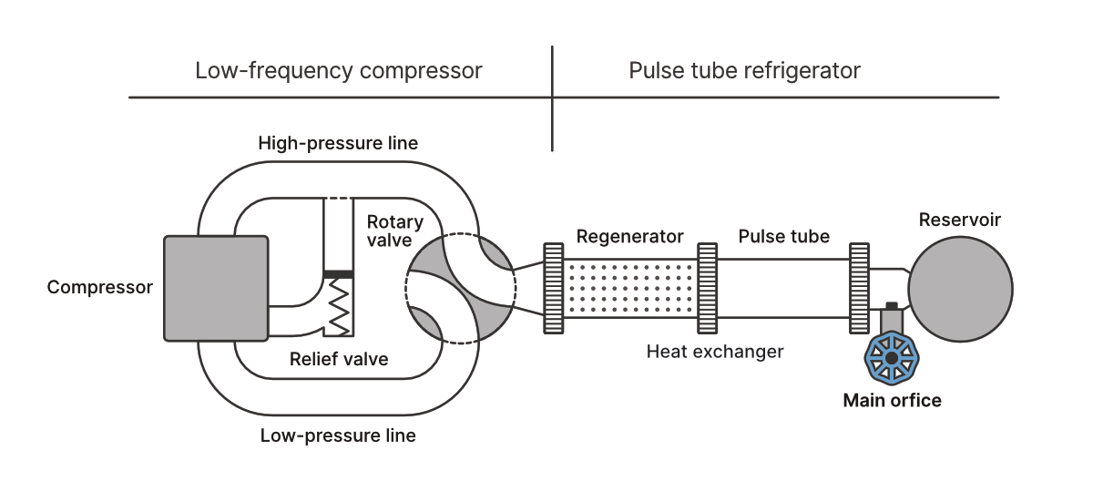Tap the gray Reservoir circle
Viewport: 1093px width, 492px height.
(x=960, y=287)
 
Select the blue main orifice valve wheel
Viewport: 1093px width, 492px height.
(x=890, y=359)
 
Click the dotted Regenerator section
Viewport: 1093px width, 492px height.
(x=629, y=287)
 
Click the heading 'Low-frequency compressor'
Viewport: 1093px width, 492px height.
(x=339, y=71)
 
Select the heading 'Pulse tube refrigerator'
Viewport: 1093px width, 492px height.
(x=744, y=71)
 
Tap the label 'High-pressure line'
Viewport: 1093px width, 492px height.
(x=338, y=143)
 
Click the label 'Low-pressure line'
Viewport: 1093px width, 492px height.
(x=338, y=436)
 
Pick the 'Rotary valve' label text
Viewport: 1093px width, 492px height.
(x=394, y=231)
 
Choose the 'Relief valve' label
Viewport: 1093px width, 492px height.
(x=339, y=359)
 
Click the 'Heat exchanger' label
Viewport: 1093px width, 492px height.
(x=715, y=351)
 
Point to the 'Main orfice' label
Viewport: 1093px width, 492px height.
(x=892, y=400)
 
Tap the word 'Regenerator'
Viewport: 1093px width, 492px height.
(x=629, y=237)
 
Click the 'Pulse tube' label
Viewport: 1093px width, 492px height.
(x=784, y=237)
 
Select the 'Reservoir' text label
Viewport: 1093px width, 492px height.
(x=960, y=220)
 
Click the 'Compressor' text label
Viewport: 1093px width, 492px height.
(x=100, y=288)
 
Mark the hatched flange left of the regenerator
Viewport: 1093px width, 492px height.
(x=552, y=288)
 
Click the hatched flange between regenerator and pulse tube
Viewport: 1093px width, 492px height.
(x=707, y=288)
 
